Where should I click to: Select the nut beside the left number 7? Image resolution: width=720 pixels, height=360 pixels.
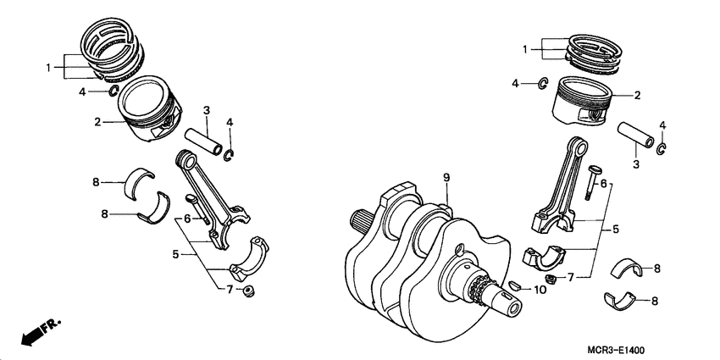click(x=249, y=292)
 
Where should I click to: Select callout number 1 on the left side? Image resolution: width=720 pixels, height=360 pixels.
click(x=50, y=66)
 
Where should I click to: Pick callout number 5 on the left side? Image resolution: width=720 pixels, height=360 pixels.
click(x=174, y=253)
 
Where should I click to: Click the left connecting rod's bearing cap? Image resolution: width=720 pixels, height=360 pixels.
click(x=252, y=258)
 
